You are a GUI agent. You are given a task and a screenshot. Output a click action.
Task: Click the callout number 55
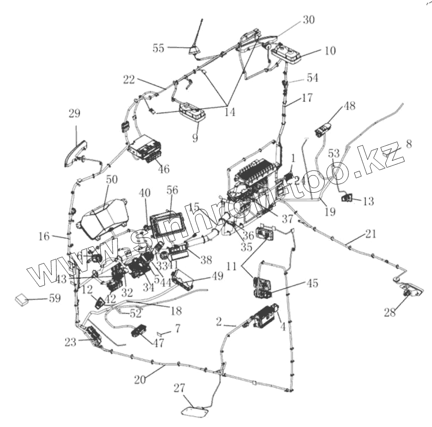159,47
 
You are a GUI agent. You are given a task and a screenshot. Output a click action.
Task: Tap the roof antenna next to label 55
195,49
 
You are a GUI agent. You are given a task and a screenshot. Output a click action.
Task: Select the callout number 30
308,20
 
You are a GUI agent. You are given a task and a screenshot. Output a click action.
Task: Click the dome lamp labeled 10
289,52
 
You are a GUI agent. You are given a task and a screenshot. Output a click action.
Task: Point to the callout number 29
74,114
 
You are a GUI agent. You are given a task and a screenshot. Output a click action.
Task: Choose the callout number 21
370,234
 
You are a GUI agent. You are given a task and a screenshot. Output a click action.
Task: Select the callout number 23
70,342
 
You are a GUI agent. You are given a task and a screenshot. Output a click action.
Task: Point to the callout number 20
140,379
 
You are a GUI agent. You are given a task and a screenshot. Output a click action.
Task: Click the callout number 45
313,283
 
